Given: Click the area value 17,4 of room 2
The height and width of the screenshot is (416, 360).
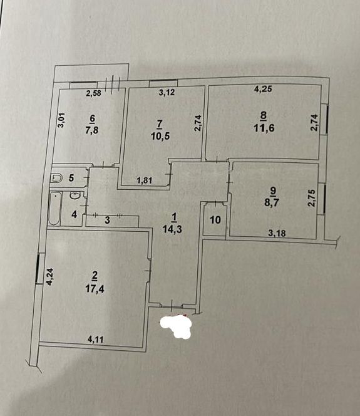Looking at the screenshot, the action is tap(95, 289).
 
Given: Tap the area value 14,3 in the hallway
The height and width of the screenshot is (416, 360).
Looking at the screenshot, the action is tap(172, 229).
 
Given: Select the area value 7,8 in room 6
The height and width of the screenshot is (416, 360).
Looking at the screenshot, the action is tap(91, 130).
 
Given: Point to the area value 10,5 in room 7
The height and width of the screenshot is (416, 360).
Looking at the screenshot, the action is tap(160, 136).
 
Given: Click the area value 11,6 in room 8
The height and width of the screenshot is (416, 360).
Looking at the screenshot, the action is tap(264, 128).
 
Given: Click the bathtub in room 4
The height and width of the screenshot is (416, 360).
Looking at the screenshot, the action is tap(55, 209).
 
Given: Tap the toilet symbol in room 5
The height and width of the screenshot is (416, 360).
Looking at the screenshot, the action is tap(56, 178).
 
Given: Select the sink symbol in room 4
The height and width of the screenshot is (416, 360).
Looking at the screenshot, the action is tap(75, 195).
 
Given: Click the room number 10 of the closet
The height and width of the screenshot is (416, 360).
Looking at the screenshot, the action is tap(215, 220).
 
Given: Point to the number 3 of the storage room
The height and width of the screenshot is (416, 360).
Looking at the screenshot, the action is tap(107, 220).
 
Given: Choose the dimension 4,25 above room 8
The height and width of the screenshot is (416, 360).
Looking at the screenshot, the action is tap(263, 88).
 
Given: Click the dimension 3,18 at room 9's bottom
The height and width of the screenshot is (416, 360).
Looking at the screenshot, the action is tap(277, 233).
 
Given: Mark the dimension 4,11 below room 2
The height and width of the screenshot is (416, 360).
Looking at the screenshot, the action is tap(96, 340).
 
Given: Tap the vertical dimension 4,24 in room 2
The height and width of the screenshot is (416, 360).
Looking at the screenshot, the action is tap(50, 277).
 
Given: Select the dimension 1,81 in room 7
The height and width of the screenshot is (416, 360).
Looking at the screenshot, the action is tap(145, 180).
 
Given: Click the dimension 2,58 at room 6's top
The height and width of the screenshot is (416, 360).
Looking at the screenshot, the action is tap(94, 93).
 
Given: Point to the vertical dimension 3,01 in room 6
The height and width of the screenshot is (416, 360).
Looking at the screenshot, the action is tap(61, 120).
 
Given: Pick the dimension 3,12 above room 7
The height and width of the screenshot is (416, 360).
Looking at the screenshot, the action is tap(167, 92).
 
